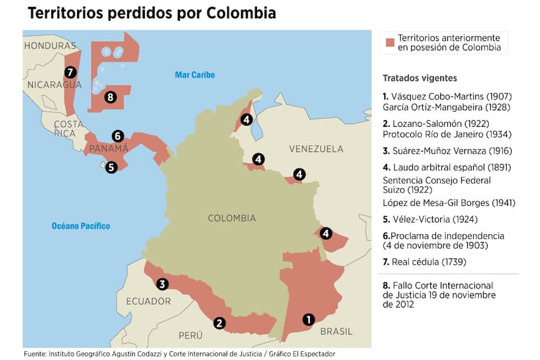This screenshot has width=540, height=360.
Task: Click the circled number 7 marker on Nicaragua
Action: [70, 72]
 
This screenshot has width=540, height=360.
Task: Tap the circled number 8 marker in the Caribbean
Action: [110, 97]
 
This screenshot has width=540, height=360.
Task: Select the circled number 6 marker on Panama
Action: [117, 136]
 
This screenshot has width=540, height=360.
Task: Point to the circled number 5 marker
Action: [112, 166]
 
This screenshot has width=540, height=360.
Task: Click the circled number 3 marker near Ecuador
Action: [163, 284]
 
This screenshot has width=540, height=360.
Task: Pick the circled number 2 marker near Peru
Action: [219, 322]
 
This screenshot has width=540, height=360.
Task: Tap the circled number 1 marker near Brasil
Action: [308, 319]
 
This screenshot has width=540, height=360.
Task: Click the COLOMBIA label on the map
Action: [232, 218]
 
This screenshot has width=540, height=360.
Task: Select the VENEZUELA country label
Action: [316, 149]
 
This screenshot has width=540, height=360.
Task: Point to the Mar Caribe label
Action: [195, 75]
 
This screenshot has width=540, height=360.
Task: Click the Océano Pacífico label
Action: [80, 226]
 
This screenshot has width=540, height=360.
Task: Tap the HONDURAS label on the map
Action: [50, 45]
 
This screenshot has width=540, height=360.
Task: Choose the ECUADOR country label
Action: [148, 301]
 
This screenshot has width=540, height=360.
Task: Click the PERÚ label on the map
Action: [191, 335]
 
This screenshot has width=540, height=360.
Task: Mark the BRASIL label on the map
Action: [336, 331]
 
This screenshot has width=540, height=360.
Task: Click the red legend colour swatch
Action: [389, 42]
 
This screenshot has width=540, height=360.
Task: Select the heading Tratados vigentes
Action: [420, 78]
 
